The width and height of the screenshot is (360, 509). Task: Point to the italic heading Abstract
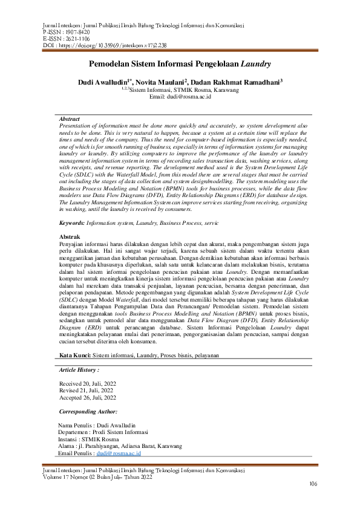click(70, 120)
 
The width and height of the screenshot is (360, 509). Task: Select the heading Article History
click(79, 369)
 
